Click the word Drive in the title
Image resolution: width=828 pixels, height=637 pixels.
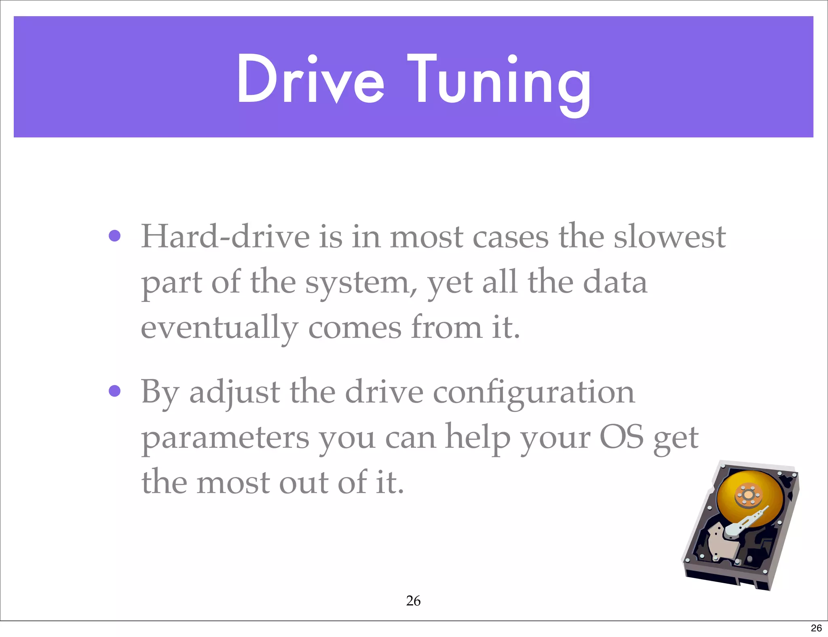click(x=310, y=79)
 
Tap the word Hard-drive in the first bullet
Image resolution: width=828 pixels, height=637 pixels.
click(x=225, y=237)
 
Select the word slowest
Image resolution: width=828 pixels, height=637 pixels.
click(x=670, y=237)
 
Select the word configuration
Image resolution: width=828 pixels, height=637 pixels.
click(x=534, y=393)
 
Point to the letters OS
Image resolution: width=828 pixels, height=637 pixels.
click(x=621, y=437)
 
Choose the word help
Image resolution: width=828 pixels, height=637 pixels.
click(x=477, y=438)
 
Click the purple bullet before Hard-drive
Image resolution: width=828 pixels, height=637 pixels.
click(x=115, y=236)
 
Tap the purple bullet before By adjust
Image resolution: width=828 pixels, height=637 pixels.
click(x=115, y=391)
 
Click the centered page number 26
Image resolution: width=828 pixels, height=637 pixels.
click(x=413, y=601)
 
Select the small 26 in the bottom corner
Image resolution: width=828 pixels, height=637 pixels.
click(x=816, y=628)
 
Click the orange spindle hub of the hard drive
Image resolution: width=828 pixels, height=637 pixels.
click(x=748, y=495)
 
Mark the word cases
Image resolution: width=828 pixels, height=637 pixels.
click(x=511, y=237)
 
